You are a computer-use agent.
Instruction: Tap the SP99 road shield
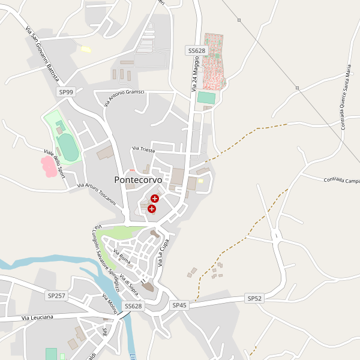pos(66,92)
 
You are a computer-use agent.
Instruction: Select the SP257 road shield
pos(55,296)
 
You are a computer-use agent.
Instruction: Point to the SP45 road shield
pos(179,305)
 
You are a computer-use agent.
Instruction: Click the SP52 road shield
pos(254,298)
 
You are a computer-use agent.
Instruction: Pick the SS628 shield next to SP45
pos(133,306)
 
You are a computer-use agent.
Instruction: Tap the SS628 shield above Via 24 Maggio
pos(196,51)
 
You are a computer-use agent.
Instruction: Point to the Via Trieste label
pos(143,148)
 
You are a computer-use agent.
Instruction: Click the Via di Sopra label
pos(129,284)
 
